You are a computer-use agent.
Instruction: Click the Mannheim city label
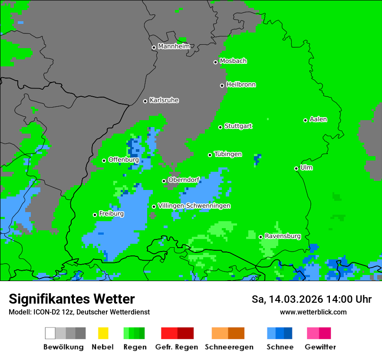(x=174, y=46)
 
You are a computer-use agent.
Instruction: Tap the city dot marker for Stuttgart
(x=221, y=127)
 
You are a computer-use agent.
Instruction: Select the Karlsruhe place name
(x=164, y=100)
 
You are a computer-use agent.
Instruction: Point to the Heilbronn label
(x=241, y=85)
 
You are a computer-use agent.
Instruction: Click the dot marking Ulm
(x=296, y=168)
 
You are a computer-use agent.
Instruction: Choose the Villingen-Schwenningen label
(x=194, y=206)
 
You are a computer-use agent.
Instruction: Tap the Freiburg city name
(x=111, y=214)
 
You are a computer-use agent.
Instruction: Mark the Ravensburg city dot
(x=260, y=237)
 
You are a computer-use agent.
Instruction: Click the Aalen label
(x=318, y=119)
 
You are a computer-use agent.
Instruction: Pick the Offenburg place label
(x=123, y=160)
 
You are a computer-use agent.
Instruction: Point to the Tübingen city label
(x=228, y=154)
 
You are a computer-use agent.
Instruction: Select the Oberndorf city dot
(x=164, y=181)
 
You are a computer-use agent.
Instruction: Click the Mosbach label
(x=233, y=61)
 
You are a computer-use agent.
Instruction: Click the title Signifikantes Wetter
(x=72, y=299)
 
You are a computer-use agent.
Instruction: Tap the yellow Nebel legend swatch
(x=103, y=333)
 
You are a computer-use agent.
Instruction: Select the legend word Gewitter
(x=320, y=347)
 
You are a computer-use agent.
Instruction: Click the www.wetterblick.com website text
(x=313, y=312)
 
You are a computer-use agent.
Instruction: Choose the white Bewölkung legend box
(x=50, y=333)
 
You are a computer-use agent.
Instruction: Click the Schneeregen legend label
(x=228, y=347)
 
